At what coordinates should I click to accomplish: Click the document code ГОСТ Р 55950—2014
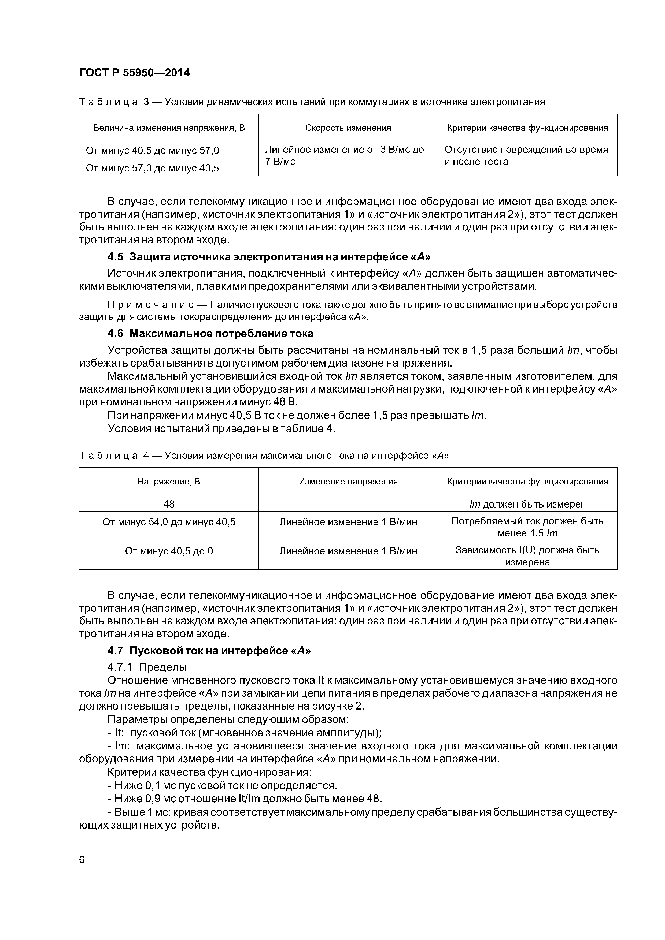(134, 73)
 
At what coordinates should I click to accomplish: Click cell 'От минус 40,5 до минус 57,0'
(152, 151)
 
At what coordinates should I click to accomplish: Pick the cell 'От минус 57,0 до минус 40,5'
(152, 168)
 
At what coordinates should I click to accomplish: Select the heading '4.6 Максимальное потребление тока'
(210, 333)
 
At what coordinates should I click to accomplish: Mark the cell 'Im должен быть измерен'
(527, 504)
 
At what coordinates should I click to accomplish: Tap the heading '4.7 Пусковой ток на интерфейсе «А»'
(209, 651)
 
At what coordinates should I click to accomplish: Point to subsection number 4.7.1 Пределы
(120, 667)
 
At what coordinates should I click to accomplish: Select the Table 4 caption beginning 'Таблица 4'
(264, 456)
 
